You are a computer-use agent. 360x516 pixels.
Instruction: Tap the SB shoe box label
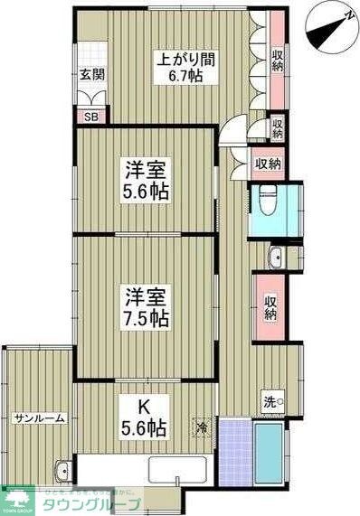coord(91,117)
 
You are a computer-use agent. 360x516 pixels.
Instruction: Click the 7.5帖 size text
coord(147,317)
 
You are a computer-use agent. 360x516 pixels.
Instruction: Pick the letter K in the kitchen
coord(145,408)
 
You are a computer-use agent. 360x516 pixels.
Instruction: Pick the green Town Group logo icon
coord(16,498)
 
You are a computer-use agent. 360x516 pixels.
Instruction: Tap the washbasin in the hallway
coord(274,256)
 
